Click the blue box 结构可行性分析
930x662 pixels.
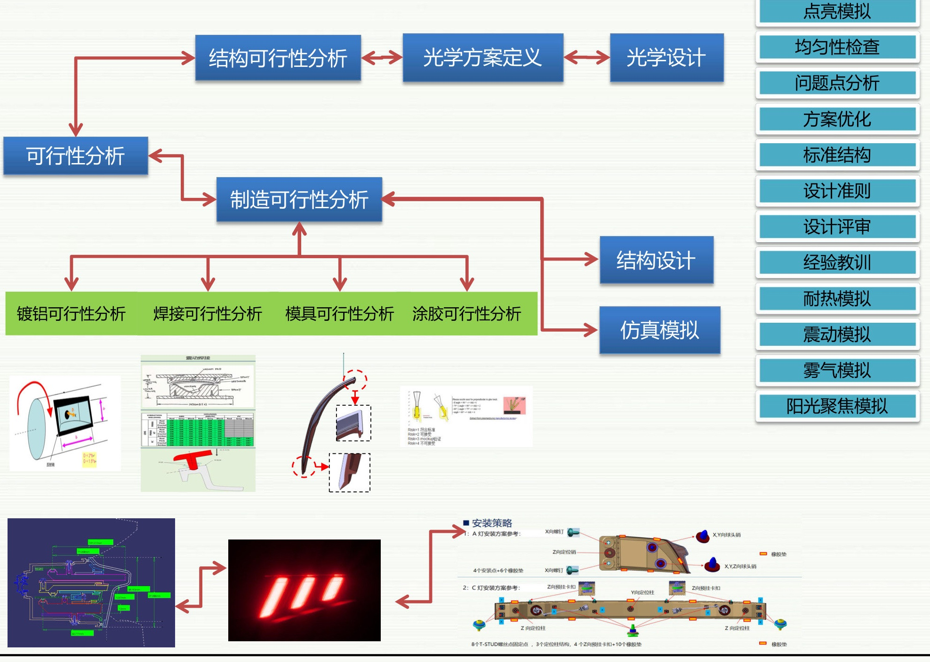click(x=278, y=58)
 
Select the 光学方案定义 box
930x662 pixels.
click(x=482, y=57)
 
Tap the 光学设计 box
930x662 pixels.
click(x=666, y=57)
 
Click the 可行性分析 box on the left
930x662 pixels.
click(x=75, y=156)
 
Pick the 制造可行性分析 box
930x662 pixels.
click(x=299, y=199)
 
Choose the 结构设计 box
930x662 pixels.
click(x=656, y=260)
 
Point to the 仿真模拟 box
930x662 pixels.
click(x=659, y=330)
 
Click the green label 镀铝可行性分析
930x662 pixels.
click(x=71, y=314)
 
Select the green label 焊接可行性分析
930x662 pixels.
click(x=208, y=314)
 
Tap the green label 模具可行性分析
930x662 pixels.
click(x=339, y=314)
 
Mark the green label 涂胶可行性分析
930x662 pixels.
click(x=466, y=314)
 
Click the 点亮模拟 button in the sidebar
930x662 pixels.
click(x=837, y=11)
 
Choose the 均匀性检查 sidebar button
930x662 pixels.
click(x=837, y=47)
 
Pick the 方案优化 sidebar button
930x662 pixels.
click(x=837, y=119)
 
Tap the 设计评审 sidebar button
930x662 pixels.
click(x=837, y=227)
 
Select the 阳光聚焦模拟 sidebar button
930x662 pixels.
click(x=837, y=406)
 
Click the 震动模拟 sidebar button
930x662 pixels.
click(x=837, y=335)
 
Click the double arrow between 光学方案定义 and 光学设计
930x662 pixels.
click(x=586, y=57)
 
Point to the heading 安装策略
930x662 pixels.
click(x=492, y=523)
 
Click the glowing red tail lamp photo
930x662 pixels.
click(x=304, y=590)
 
